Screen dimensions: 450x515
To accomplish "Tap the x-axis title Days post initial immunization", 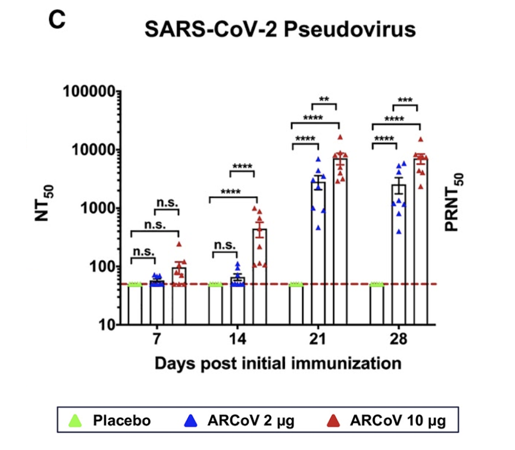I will click(x=278, y=362).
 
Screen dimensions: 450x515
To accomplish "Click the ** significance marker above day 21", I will click(x=324, y=99).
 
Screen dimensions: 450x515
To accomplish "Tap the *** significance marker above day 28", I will click(x=405, y=100).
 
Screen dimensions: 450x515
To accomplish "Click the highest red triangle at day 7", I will click(x=179, y=244).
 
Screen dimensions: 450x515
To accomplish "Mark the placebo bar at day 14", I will click(x=216, y=304).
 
